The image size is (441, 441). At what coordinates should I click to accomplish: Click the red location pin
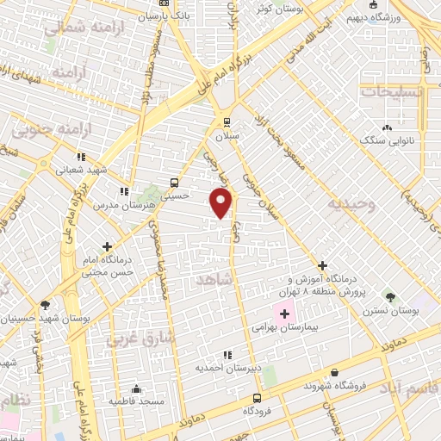[x=222, y=202]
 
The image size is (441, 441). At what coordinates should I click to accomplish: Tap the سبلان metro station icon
[x=227, y=121]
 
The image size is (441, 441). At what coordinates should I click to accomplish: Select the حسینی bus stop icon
[x=175, y=183]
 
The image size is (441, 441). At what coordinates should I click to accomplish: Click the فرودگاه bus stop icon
[x=257, y=397]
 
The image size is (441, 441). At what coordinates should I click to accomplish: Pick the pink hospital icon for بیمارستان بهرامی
[x=284, y=312]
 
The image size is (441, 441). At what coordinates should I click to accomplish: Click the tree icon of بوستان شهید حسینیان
[x=45, y=304]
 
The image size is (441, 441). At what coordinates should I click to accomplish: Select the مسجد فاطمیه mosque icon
[x=134, y=388]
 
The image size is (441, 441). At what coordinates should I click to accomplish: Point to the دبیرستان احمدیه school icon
[x=228, y=354]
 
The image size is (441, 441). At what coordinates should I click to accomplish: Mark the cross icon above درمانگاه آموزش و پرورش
[x=323, y=265]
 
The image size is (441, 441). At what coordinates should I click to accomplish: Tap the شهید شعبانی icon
[x=80, y=158]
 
